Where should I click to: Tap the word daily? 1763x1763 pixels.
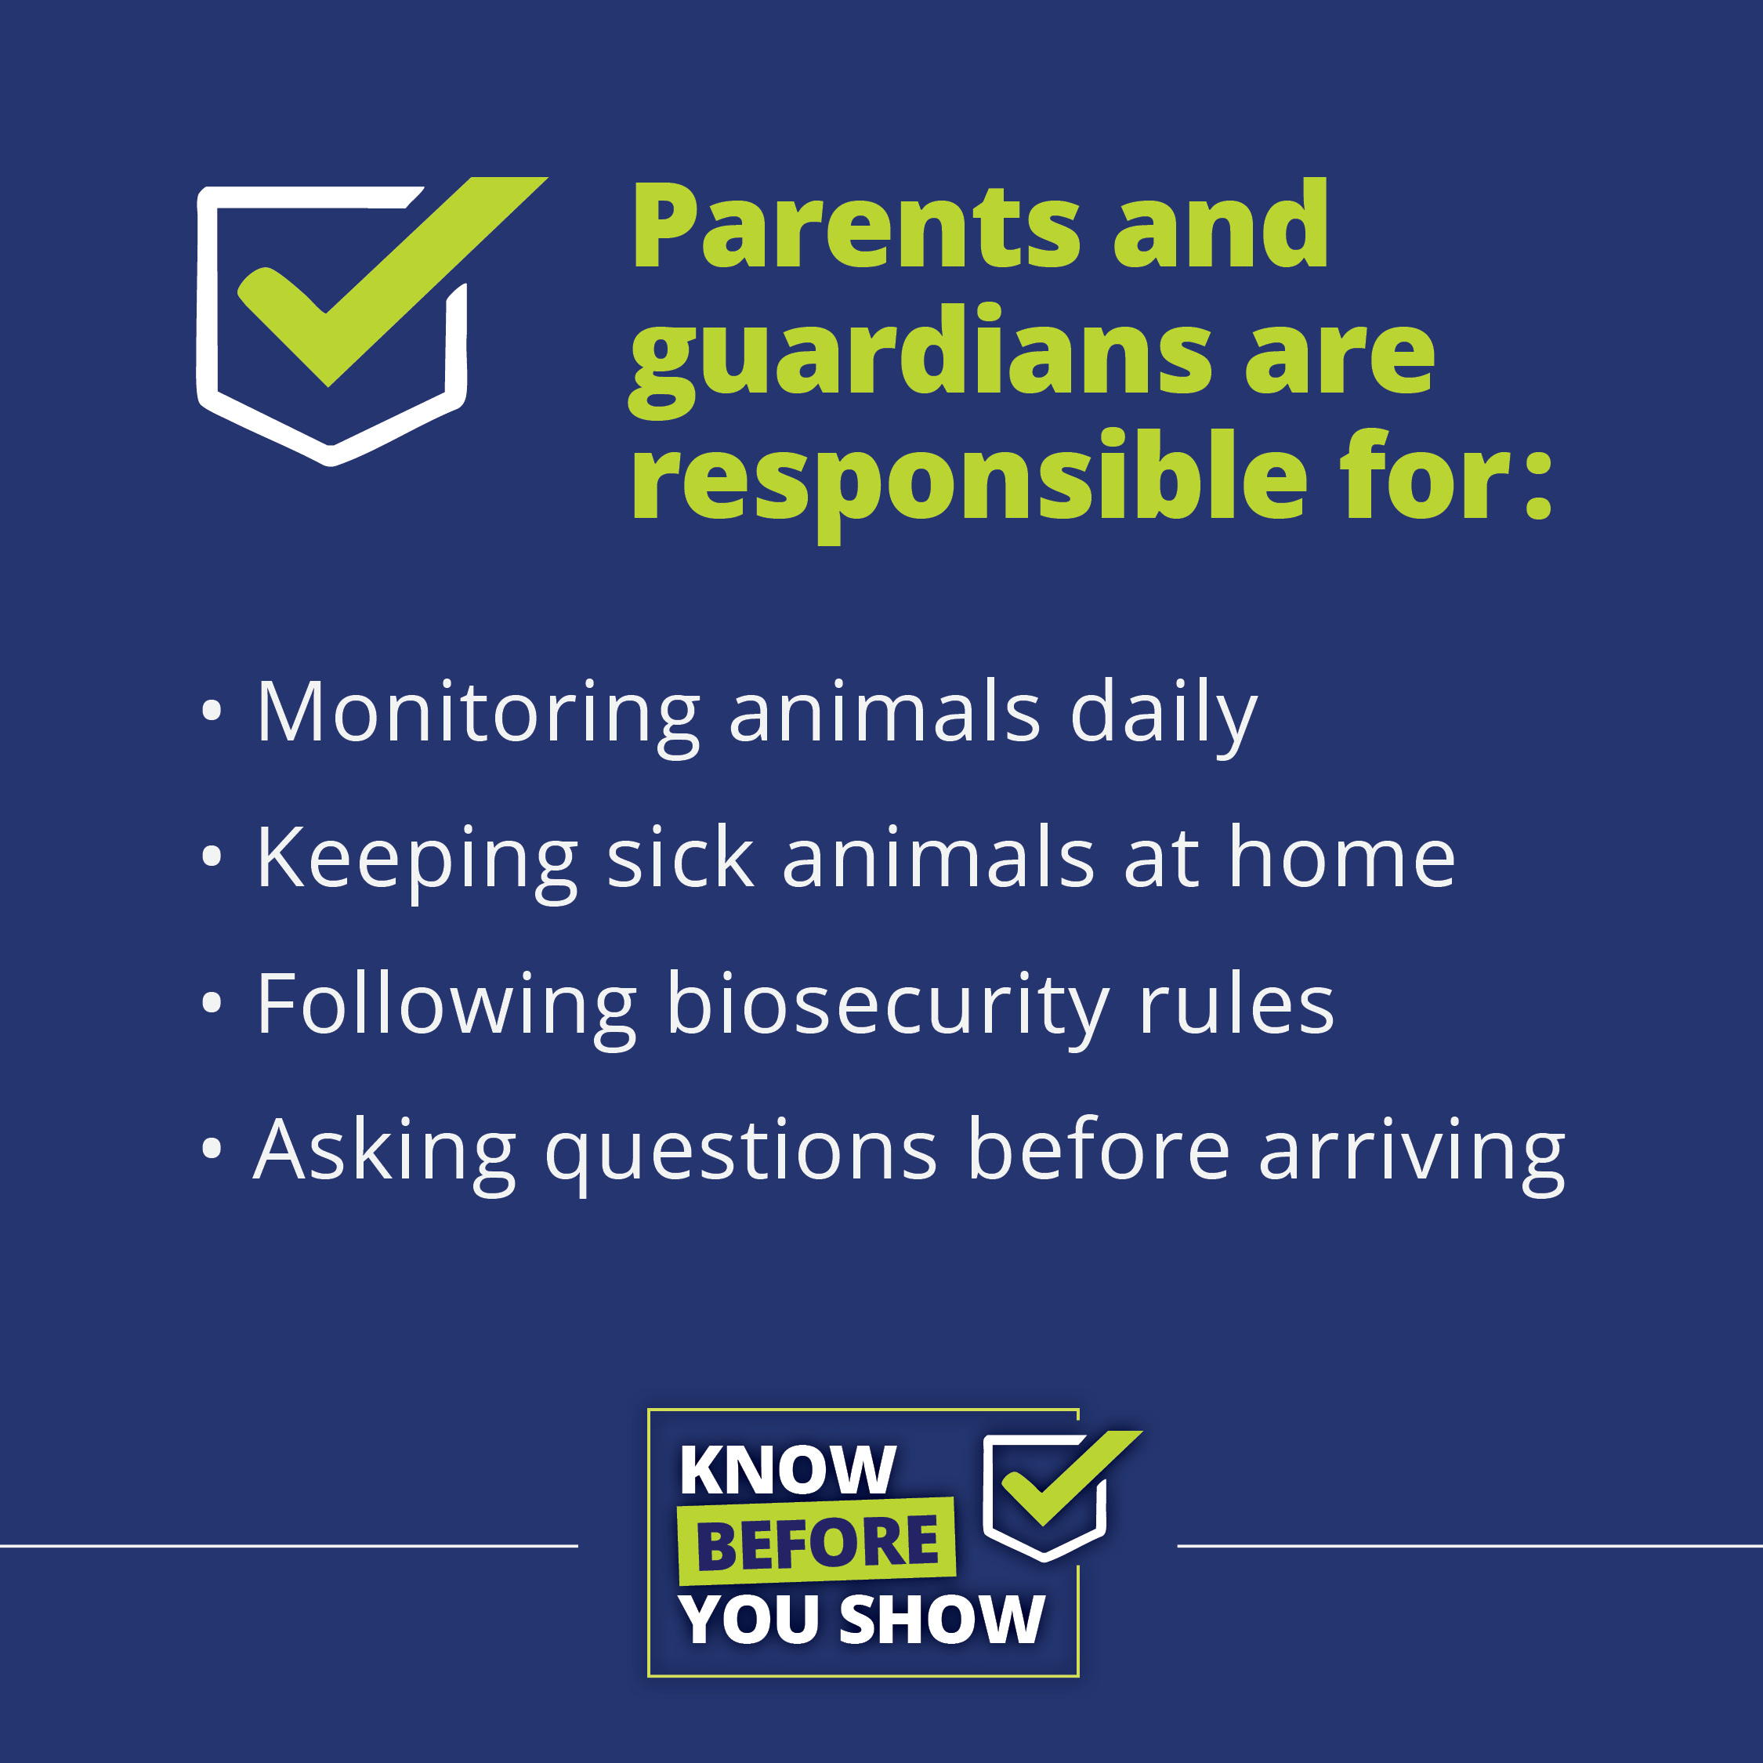click(x=1164, y=719)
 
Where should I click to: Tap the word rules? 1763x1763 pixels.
click(x=1236, y=1003)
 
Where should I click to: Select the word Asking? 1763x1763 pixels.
click(x=385, y=1155)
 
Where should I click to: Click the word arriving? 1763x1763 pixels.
click(x=1412, y=1155)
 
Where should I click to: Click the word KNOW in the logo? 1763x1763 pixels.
click(x=787, y=1470)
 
